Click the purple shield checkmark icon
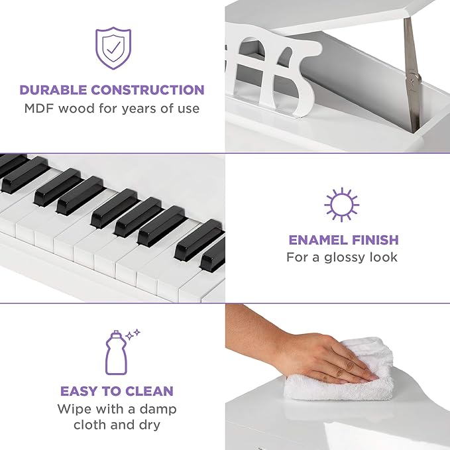[112, 48]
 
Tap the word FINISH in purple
[373, 240]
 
